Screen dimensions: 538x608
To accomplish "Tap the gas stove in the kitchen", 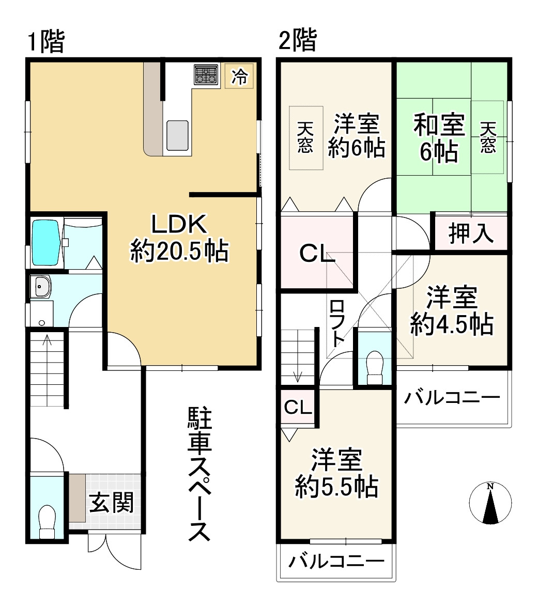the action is [206, 74].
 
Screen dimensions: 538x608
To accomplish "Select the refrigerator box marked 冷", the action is [239, 75].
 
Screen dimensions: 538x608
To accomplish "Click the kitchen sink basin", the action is [177, 135].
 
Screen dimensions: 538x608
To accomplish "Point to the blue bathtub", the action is [45, 243].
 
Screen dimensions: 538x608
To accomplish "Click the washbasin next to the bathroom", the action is [41, 287].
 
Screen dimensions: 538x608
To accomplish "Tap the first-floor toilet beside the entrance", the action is [48, 522].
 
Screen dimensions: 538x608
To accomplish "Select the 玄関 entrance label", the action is [111, 502].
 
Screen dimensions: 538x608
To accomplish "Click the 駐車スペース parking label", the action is [199, 474].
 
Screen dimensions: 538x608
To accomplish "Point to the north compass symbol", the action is [490, 503].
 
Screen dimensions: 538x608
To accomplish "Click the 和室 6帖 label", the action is [439, 137].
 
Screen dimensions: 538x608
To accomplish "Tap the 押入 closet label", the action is [471, 233].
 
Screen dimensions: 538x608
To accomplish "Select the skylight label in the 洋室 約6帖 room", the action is [305, 137].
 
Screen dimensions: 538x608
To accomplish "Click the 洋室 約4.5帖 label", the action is [452, 310].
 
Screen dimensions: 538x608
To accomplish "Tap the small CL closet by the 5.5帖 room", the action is [298, 407].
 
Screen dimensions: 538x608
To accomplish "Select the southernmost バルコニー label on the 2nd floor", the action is [336, 561].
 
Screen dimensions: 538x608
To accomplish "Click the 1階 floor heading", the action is [46, 41].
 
